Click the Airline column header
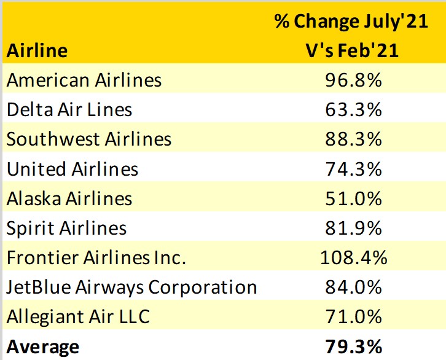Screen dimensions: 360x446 point(37,50)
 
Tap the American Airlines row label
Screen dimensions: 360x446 point(84,80)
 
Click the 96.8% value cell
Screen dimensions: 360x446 point(353,80)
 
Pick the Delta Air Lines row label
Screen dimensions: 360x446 point(69,109)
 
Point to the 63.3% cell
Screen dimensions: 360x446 point(353,109)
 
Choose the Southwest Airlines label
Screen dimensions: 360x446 point(89,139)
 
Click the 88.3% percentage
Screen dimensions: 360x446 point(353,139)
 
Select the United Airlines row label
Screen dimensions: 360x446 point(72,168)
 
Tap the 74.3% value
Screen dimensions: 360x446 point(353,168)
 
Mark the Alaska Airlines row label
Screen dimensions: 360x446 point(69,198)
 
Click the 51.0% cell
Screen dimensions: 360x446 point(353,198)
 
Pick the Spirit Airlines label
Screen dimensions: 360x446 point(66,228)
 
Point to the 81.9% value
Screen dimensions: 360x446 point(353,228)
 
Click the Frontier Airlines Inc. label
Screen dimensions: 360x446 point(96,257)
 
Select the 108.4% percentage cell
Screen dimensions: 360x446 point(353,257)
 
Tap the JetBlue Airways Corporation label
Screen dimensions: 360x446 point(131,287)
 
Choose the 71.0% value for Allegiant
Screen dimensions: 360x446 point(353,317)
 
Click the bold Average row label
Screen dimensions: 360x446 point(43,346)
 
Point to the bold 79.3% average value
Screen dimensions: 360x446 point(353,346)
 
